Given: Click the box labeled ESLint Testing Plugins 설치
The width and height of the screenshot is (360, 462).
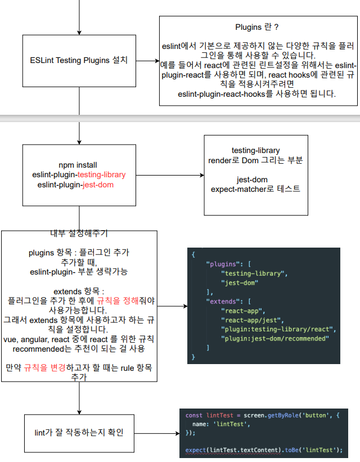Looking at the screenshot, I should (79, 60).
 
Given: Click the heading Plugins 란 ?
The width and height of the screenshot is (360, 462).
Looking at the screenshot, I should (257, 27).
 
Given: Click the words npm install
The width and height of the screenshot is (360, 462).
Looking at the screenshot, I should (78, 165).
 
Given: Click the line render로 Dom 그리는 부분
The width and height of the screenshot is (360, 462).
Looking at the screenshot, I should (255, 160).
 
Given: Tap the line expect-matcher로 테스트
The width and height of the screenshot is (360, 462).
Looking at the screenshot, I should (255, 189).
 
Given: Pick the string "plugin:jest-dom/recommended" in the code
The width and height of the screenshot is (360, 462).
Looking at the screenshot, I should (275, 338).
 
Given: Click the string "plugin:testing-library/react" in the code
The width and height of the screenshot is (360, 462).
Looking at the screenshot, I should (278, 329).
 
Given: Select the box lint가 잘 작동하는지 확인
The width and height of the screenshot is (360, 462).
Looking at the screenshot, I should (79, 433).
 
